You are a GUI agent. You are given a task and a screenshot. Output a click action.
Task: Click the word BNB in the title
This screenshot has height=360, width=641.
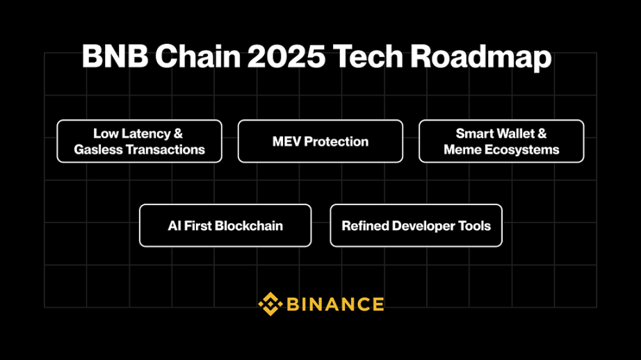115,56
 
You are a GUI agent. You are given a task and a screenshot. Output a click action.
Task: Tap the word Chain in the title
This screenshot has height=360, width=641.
198,56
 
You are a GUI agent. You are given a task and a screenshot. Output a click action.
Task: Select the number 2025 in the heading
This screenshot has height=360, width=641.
286,56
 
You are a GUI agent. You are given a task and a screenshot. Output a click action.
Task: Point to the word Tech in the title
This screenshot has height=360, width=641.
368,56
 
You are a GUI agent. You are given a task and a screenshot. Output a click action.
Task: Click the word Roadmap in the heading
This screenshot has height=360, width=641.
481,58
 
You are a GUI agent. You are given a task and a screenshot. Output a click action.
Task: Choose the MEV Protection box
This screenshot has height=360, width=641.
320,141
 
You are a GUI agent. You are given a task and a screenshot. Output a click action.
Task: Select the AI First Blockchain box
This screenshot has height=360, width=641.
225,226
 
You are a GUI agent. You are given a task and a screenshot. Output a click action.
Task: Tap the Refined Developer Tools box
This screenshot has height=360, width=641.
416,226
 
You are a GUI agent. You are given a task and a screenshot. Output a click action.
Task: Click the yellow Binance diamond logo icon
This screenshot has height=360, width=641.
270,304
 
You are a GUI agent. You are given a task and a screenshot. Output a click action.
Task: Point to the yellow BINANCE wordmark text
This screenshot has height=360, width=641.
335,304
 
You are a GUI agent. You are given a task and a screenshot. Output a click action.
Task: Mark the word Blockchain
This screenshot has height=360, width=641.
249,226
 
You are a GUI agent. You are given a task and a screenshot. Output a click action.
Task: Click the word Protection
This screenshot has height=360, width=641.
336,141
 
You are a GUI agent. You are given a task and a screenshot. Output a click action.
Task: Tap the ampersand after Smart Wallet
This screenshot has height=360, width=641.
542,133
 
